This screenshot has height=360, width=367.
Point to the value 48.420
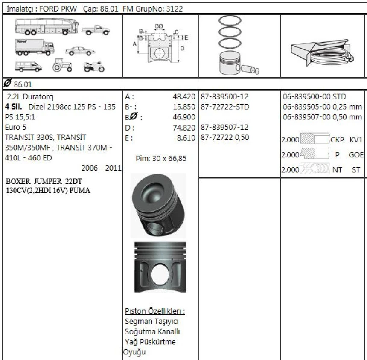tap(184, 96)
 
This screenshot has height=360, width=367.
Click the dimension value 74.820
tap(184, 127)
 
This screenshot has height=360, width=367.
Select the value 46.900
tap(184, 117)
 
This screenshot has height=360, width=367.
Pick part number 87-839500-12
tap(224, 96)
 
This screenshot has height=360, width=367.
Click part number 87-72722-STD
tap(224, 107)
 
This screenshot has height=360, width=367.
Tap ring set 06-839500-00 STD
tap(315, 96)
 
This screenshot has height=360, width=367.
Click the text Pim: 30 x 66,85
tap(161, 159)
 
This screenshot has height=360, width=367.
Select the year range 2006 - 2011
tap(102, 168)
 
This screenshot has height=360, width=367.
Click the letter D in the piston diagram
tap(182, 48)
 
